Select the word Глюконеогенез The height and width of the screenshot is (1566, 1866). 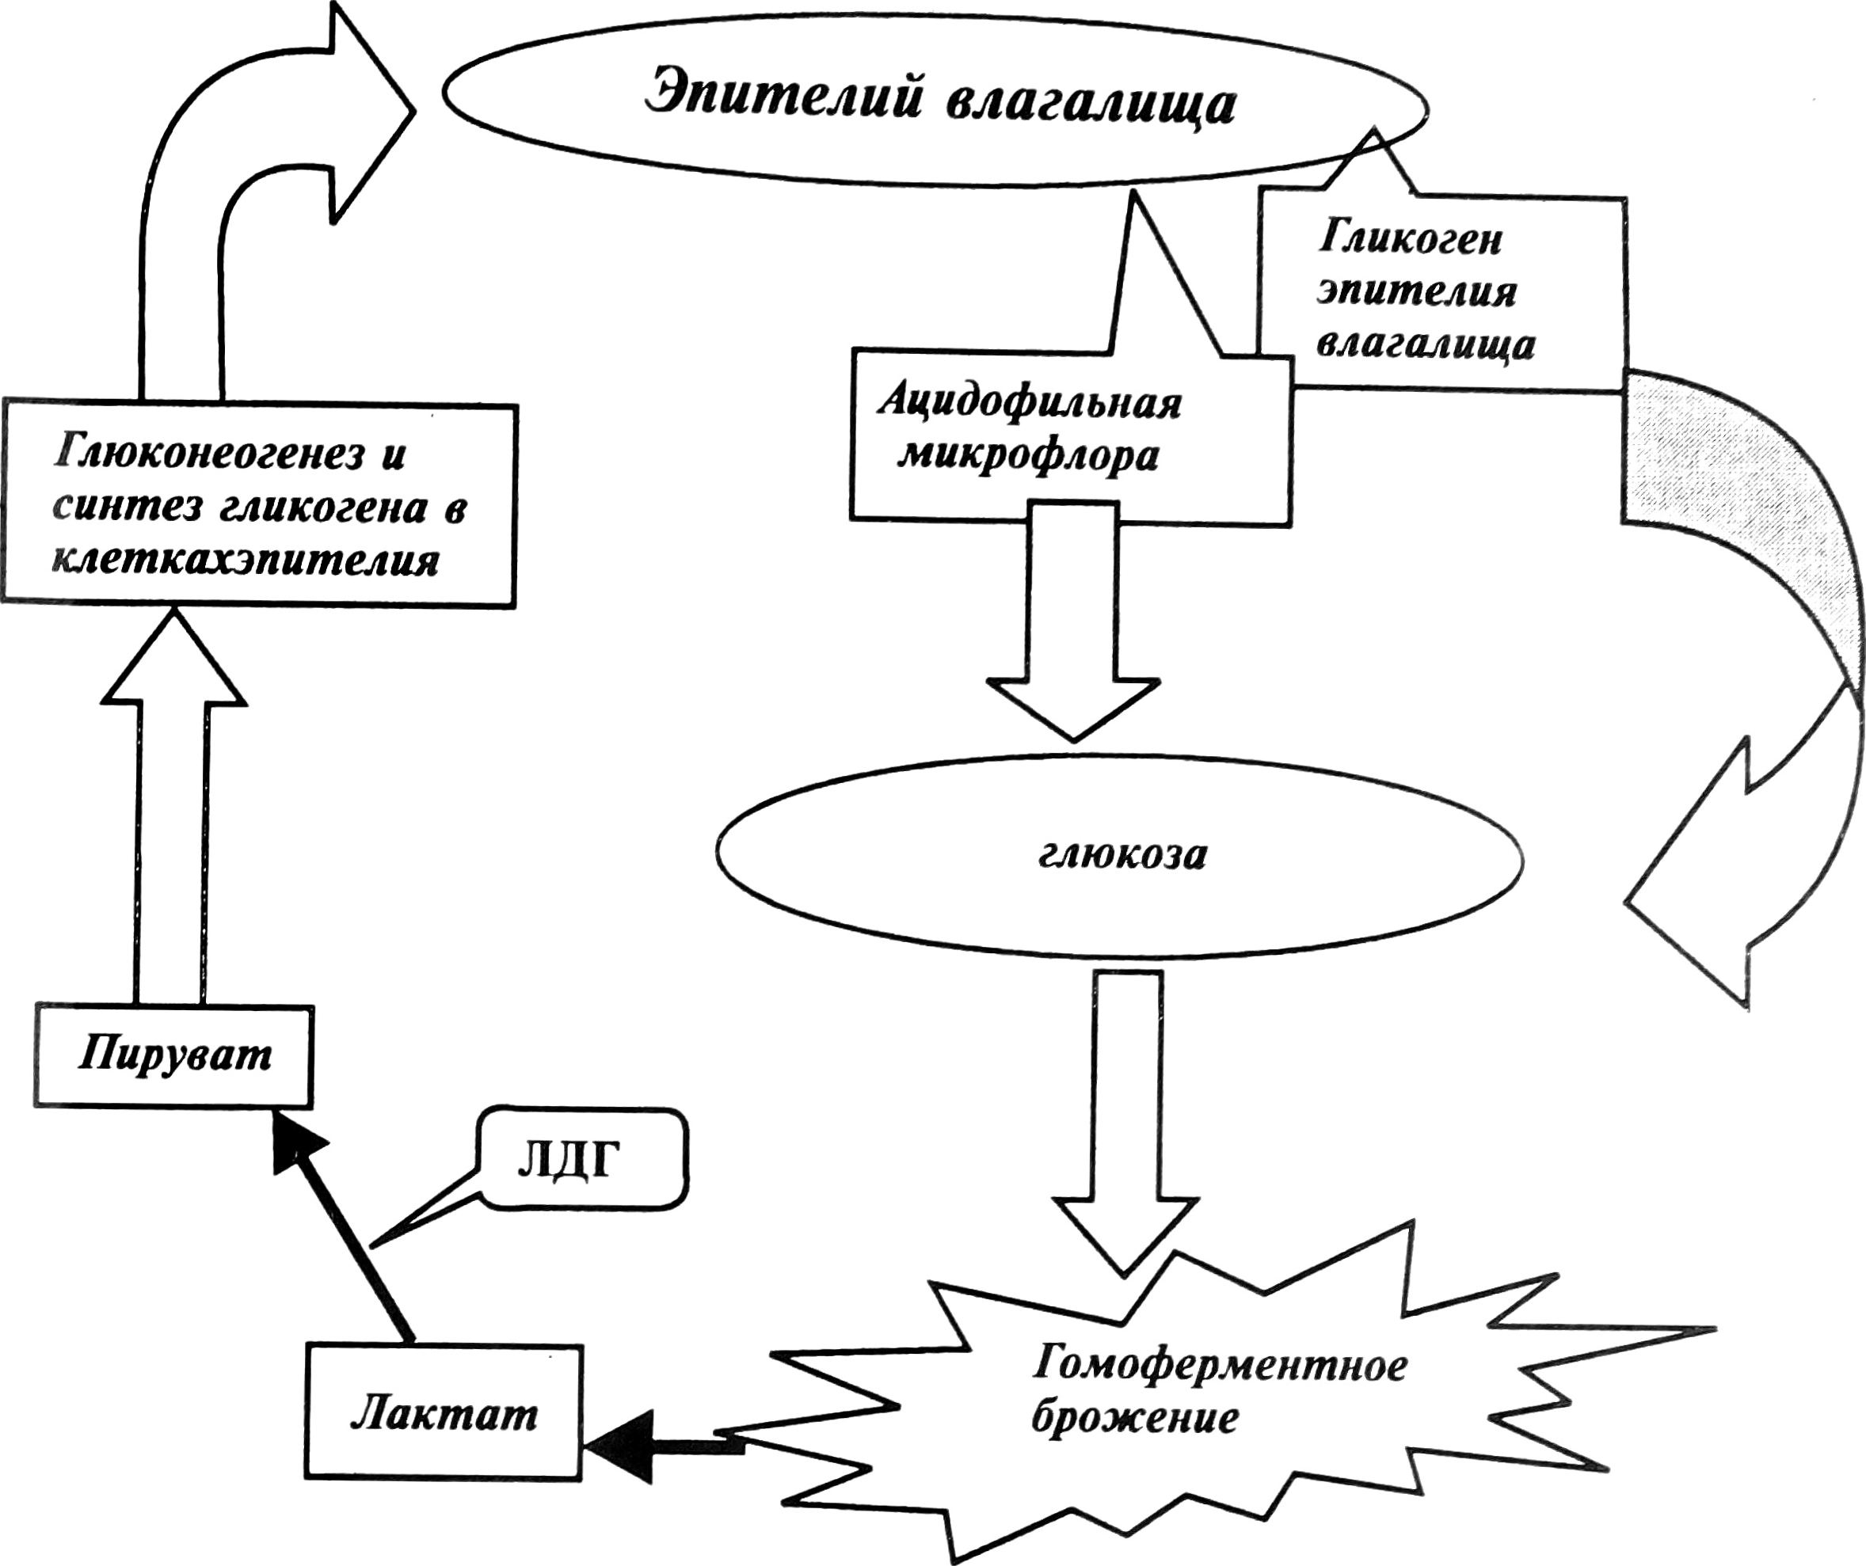click(209, 453)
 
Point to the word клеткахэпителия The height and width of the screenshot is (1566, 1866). click(246, 561)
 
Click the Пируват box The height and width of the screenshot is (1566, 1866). click(174, 1055)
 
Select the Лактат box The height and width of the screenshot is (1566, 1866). click(444, 1412)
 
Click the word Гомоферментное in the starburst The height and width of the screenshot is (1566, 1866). click(1220, 1364)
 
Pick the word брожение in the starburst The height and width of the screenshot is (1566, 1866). click(1135, 1418)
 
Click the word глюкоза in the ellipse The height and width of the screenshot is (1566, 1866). click(1122, 854)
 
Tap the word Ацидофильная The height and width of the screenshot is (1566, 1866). click(1030, 403)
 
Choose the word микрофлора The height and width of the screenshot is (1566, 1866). click(1028, 457)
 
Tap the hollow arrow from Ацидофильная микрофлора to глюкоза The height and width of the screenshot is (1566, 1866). click(1073, 621)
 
